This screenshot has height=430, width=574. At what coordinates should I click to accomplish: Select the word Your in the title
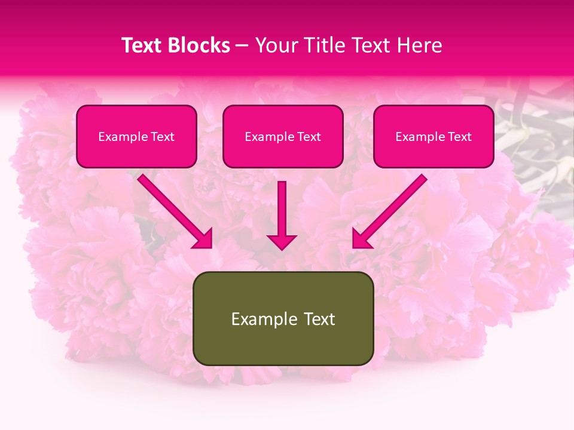(x=277, y=45)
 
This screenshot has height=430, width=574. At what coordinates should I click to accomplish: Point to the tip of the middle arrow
(x=282, y=248)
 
